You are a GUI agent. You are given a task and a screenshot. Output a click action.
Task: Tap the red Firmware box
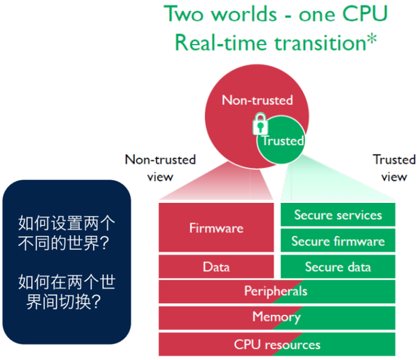coord(217,227)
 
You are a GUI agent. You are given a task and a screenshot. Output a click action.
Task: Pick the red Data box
coord(217,266)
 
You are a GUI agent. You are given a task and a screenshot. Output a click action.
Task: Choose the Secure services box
coord(338,215)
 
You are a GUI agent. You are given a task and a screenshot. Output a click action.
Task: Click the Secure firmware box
coord(338,241)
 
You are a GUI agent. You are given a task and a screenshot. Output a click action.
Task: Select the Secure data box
coord(338,267)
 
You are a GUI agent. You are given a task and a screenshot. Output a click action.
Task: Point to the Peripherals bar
coord(277,291)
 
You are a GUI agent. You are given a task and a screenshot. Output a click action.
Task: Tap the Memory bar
coord(277,318)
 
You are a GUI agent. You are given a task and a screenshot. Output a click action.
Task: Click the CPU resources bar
coord(277,344)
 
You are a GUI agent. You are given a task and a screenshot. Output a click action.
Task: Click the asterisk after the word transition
coord(373,40)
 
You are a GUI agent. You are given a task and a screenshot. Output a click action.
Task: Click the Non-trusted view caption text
coord(160,167)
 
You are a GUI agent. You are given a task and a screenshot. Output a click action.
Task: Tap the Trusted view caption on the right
coord(394,167)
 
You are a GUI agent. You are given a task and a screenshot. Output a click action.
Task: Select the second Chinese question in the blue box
coord(66,292)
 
